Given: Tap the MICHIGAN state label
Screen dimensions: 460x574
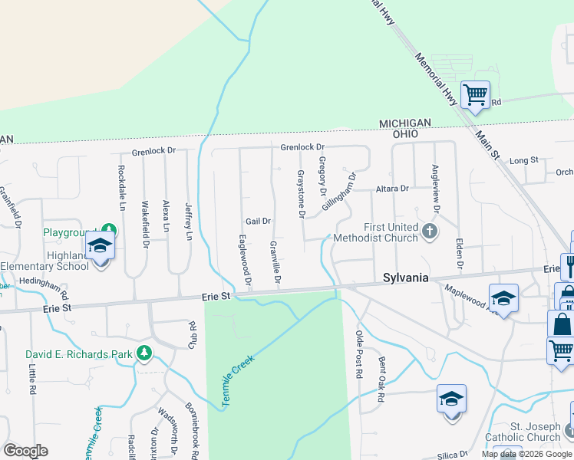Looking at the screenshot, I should click(405, 123).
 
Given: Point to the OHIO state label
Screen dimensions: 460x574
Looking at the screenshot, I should click(405, 133).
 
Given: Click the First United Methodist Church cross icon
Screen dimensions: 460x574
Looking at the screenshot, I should click(430, 230).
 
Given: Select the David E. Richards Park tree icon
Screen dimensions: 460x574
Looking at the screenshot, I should click(143, 353).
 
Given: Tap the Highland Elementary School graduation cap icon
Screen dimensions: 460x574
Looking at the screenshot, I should click(101, 248).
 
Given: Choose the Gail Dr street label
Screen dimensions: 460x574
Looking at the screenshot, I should click(259, 222).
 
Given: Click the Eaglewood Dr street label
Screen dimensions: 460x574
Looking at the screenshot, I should click(244, 261).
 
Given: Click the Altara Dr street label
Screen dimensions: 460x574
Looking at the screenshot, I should click(392, 188).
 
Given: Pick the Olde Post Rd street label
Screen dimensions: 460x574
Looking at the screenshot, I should click(358, 353).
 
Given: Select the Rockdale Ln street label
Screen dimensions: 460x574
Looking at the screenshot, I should click(121, 189).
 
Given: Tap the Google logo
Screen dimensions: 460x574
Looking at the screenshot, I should click(25, 451).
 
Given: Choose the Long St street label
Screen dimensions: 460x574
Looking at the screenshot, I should click(523, 160).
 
